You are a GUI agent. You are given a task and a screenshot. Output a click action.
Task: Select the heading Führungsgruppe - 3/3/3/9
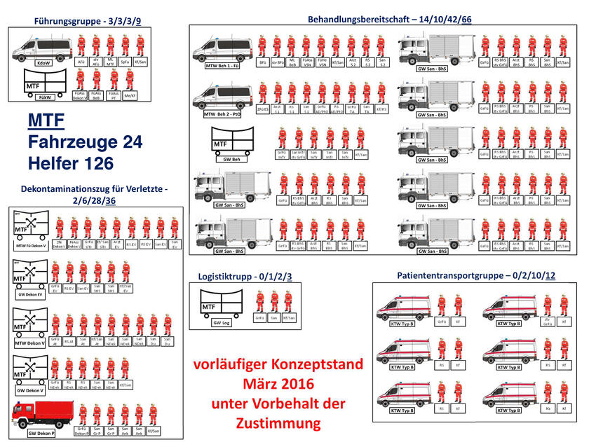87,22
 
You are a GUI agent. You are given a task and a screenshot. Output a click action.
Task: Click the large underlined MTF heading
46,122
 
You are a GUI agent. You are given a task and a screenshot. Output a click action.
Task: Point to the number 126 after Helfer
110,164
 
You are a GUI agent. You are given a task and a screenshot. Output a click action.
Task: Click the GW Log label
221,323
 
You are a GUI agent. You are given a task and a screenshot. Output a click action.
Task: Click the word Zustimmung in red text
278,423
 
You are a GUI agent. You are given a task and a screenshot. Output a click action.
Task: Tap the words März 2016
278,384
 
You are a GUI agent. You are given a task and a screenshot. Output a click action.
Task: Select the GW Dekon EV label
32,296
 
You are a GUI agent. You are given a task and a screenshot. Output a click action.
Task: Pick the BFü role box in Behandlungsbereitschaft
262,62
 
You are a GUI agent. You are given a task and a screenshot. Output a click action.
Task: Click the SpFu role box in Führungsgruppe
125,62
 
